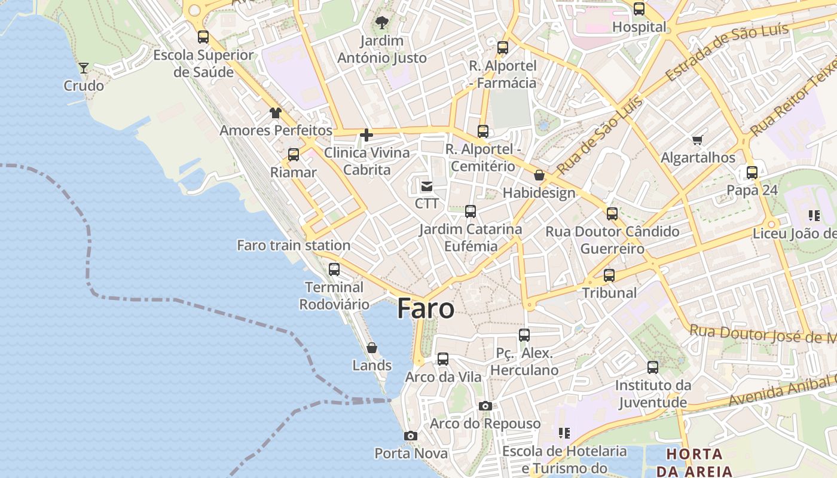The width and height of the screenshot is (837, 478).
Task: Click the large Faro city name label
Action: click(426, 309)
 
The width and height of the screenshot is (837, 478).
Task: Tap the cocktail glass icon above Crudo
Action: click(84, 68)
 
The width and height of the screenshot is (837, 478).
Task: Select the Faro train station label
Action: click(294, 246)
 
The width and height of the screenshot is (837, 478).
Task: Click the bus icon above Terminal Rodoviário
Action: click(334, 269)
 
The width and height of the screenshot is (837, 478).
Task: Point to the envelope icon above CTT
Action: click(426, 186)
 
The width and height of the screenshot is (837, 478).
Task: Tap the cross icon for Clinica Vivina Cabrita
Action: click(366, 136)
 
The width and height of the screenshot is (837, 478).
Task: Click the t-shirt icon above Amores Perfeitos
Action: click(275, 112)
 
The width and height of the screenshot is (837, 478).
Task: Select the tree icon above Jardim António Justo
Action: click(381, 23)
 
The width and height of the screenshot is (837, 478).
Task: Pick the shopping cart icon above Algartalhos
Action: click(697, 140)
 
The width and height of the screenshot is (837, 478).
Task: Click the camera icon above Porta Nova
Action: click(411, 436)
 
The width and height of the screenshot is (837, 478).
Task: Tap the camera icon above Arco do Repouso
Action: click(485, 406)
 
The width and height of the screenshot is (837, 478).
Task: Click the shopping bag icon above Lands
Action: click(372, 348)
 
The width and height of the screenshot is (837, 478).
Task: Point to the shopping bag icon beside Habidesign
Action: click(539, 175)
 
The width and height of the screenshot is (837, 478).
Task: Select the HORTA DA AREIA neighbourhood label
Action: click(694, 462)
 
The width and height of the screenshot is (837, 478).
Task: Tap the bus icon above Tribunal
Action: click(609, 275)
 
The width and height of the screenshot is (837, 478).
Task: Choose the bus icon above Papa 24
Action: click(752, 173)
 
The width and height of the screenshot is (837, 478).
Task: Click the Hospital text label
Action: click(639, 27)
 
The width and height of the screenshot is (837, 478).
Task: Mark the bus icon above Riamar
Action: click(294, 155)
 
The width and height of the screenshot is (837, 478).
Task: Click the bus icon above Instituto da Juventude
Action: click(653, 367)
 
